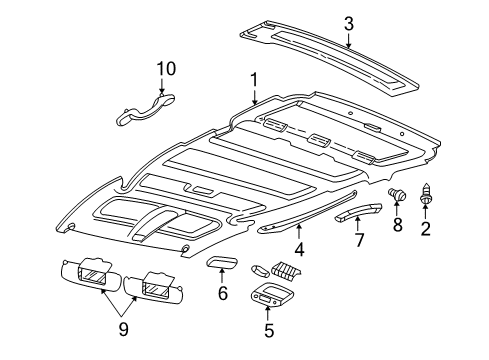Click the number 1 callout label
click(x=254, y=79)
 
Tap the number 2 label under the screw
click(x=426, y=231)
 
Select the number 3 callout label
click(x=348, y=23)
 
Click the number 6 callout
click(x=222, y=293)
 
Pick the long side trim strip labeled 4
click(x=300, y=217)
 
